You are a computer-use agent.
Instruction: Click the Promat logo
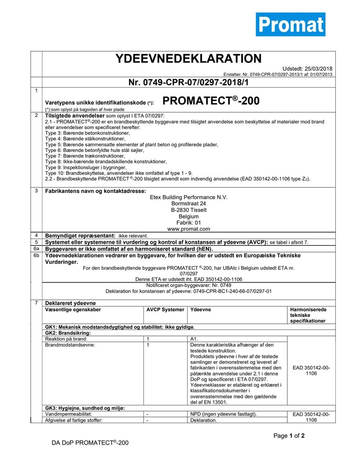click(290, 24)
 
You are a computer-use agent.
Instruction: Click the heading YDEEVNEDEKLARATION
click(188, 59)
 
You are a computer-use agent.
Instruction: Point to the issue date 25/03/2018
click(319, 69)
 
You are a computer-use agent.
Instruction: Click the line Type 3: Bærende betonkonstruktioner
click(88, 133)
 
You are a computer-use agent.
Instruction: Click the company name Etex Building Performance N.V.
click(188, 198)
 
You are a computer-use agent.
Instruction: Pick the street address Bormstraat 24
click(188, 204)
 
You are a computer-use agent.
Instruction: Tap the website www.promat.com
click(188, 229)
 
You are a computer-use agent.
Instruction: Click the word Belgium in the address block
click(188, 216)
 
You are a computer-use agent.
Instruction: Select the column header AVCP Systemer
click(165, 309)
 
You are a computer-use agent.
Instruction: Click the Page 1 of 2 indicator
click(289, 436)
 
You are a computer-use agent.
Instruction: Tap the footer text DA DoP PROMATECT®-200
click(90, 442)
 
